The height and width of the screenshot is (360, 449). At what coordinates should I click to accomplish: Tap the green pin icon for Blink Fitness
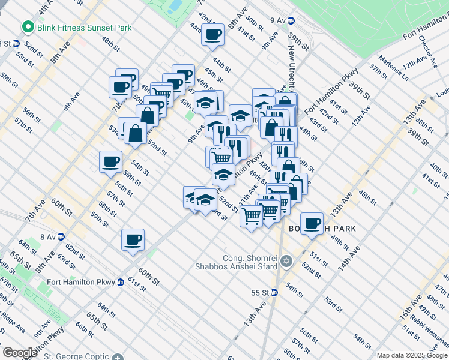click(x=27, y=27)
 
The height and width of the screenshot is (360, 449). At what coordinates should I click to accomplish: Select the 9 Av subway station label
click(x=279, y=20)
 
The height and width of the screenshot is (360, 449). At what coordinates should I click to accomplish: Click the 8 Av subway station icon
click(x=61, y=237)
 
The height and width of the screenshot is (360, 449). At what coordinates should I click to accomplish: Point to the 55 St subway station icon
click(x=274, y=292)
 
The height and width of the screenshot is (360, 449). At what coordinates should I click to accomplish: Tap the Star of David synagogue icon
click(x=286, y=261)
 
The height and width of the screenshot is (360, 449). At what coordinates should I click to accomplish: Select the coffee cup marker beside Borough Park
click(x=311, y=224)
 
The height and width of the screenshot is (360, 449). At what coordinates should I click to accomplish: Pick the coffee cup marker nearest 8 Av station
click(x=133, y=240)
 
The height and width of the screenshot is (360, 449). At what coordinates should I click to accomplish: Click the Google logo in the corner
click(x=20, y=353)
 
